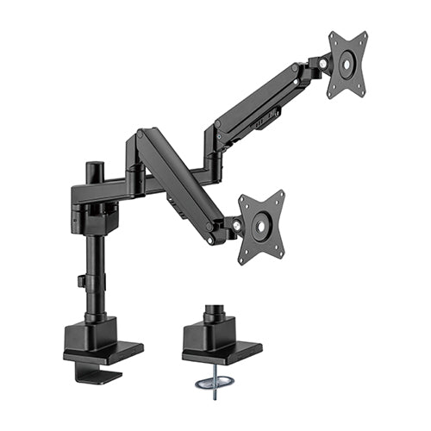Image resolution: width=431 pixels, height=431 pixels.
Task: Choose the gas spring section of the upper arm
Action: [259, 99]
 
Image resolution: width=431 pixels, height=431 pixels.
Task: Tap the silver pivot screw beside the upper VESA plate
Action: [322, 64]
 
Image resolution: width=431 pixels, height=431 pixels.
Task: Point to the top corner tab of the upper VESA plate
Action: [333, 36]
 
